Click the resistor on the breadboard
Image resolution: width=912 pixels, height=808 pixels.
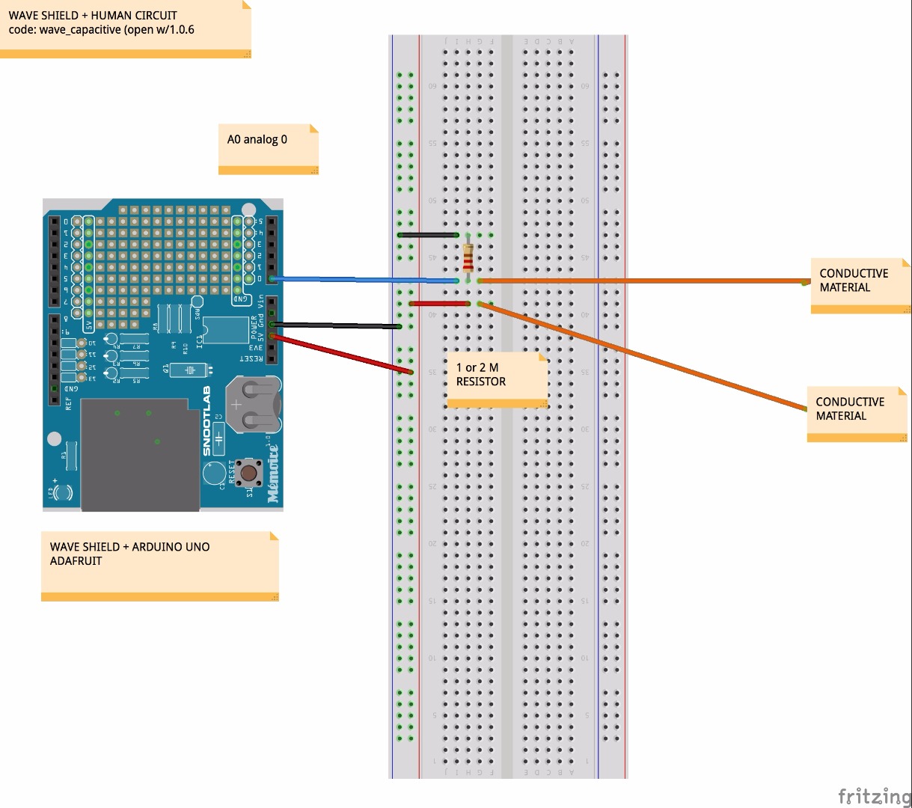[x=468, y=258]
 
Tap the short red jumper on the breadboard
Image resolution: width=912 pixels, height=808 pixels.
[x=440, y=304]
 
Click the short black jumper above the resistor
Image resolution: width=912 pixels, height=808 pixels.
[x=429, y=235]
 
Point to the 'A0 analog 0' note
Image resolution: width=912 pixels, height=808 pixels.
[x=269, y=149]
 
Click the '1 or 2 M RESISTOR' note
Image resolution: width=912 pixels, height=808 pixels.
[x=497, y=379]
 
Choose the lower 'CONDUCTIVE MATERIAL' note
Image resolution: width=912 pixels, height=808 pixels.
[x=856, y=414]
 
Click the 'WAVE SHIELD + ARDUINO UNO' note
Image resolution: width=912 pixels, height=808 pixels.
[x=159, y=565]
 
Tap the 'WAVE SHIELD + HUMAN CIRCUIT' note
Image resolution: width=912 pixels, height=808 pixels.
[x=125, y=28]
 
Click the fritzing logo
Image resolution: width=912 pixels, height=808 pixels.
[x=873, y=796]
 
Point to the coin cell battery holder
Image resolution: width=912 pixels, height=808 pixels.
[x=254, y=405]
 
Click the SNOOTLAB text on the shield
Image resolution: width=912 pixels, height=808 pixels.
[x=207, y=420]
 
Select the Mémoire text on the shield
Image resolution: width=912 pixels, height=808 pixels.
[x=273, y=473]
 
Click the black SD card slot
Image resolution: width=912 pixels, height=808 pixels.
[x=139, y=455]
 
